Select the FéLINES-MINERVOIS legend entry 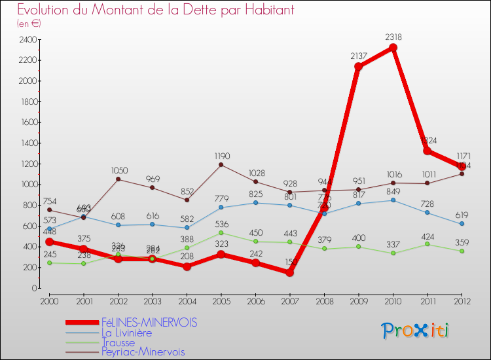[149, 323]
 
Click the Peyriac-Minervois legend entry [143, 352]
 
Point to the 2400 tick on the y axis [27, 39]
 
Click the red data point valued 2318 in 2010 [393, 48]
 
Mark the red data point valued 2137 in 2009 [358, 67]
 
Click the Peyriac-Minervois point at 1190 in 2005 [221, 164]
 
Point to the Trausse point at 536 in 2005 [221, 232]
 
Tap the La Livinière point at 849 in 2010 [393, 200]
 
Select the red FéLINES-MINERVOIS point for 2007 [289, 272]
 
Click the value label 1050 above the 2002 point [118, 169]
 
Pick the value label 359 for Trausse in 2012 [462, 242]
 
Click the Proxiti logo [415, 331]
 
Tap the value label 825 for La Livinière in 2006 [255, 194]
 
